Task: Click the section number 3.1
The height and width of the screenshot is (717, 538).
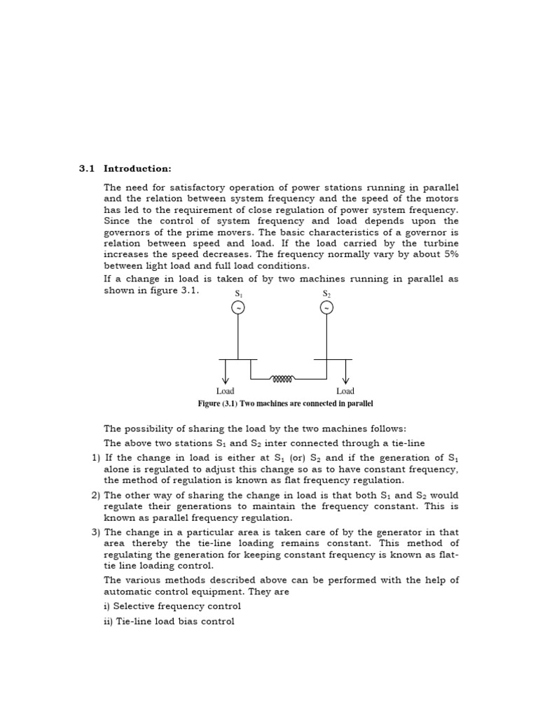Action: coord(86,169)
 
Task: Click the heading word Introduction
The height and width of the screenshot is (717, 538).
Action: coord(137,169)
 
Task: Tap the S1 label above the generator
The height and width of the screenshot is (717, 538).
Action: coord(238,293)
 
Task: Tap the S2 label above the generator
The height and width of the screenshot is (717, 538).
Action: coord(326,293)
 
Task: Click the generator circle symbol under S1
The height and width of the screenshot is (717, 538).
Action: coord(238,308)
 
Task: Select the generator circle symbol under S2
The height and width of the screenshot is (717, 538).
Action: coord(326,308)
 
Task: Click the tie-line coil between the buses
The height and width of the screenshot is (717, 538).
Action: coord(282,379)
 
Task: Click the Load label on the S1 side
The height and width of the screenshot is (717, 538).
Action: coord(225,391)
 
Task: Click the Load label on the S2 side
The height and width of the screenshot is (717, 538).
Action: coord(345,391)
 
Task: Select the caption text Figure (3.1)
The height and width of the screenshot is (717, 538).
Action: coord(219,404)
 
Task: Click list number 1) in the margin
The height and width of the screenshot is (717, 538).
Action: coord(96,457)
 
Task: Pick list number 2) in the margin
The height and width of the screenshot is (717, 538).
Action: coord(96,495)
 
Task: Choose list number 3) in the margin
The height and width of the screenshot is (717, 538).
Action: coord(96,532)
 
